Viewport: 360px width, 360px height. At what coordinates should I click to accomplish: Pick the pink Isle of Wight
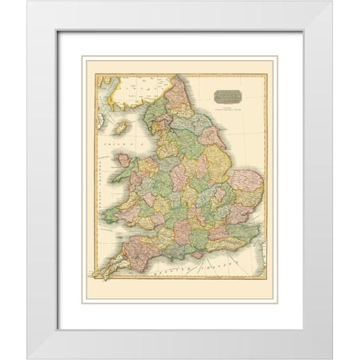pos(196,253)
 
